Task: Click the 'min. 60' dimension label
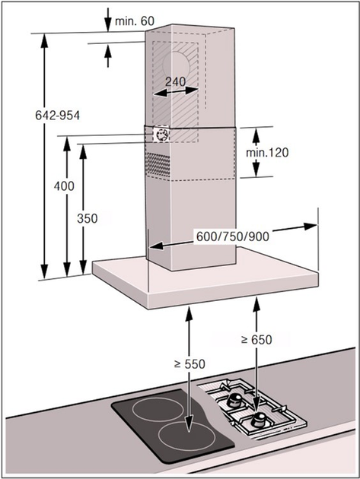(135, 21)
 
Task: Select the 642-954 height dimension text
(58, 116)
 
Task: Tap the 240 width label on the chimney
(176, 82)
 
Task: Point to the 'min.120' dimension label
(267, 152)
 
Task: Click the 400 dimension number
(64, 186)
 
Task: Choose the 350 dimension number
(88, 218)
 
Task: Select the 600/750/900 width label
(232, 236)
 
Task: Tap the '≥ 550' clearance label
(190, 364)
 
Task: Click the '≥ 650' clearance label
(256, 339)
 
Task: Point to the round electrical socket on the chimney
(161, 135)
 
